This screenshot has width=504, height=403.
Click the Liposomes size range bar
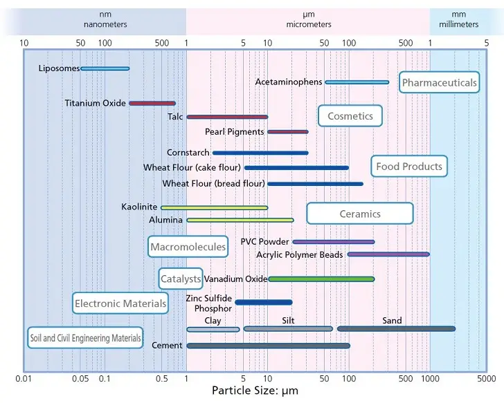coord(105,68)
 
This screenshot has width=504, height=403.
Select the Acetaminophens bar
coord(357,82)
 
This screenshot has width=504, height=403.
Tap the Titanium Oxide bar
coord(152,104)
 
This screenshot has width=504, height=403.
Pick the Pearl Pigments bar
coord(287,131)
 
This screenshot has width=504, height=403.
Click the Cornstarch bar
coord(260,153)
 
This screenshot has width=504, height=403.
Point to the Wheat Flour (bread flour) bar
coord(315,184)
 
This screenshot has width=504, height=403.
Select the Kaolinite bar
coord(214,207)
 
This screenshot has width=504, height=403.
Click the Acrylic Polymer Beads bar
coord(388,254)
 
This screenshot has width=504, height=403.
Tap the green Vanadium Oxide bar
coord(321,279)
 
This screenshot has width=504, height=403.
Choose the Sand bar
coord(395,329)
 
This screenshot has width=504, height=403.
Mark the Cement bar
coord(268,346)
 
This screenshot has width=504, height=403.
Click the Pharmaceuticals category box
coord(440,83)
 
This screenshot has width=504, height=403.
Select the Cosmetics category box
coord(350,116)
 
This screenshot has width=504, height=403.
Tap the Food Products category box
coord(409,167)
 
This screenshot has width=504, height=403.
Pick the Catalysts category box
coord(181,279)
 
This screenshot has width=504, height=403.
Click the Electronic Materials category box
coord(120,303)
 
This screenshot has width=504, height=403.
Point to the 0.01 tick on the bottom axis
coord(24,379)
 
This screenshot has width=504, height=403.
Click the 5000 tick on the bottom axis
coord(486,379)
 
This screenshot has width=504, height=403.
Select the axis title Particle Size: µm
coord(255,391)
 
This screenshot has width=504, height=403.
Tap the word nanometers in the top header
coord(105,24)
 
